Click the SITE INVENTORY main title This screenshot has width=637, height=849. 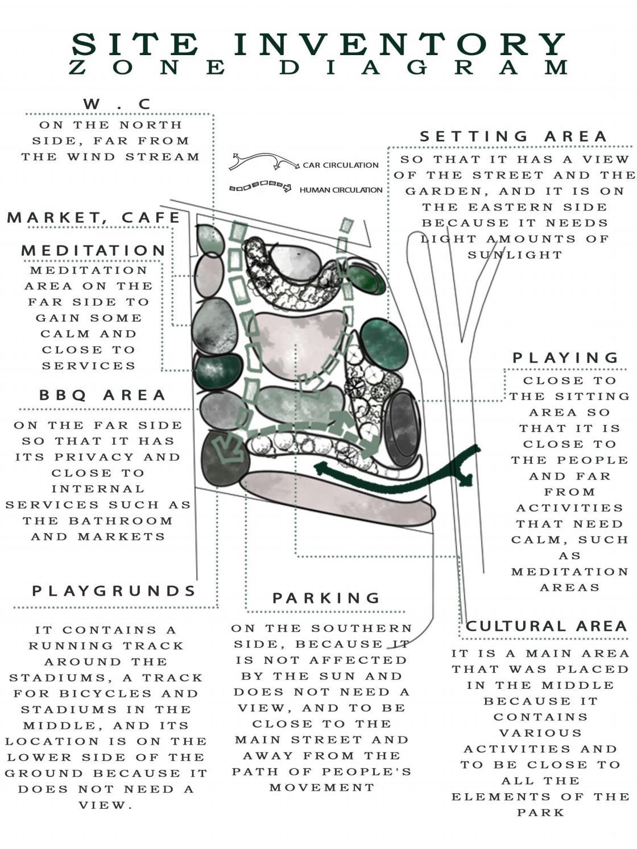point(318,44)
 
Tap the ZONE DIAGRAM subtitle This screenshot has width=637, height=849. point(318,68)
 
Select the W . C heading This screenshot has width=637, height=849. point(117,105)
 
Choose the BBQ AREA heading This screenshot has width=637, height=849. point(102,396)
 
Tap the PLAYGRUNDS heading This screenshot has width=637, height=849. point(114,591)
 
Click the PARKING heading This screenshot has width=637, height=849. point(326,598)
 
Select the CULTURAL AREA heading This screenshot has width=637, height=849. point(546,626)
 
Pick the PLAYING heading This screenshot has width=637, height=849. point(566,358)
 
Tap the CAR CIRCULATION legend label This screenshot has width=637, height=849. point(340,165)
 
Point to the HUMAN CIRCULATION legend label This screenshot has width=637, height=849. point(341,190)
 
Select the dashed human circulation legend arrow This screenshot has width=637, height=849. point(260,186)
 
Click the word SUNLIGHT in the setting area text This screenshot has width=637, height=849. point(515,255)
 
